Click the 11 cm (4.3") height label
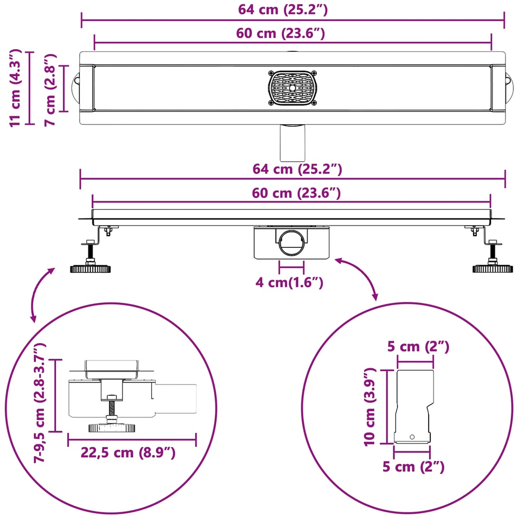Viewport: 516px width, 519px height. coord(15,88)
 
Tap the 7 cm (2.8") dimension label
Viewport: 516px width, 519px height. coord(50,90)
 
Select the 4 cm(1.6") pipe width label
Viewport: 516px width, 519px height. coord(289,282)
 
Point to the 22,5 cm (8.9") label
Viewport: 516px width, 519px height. coord(128,452)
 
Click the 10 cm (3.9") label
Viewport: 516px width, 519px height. coord(370,407)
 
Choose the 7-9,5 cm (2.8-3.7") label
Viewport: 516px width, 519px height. coord(40,403)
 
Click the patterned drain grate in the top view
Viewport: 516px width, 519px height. coord(292,88)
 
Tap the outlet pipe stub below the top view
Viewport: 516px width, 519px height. coord(292,143)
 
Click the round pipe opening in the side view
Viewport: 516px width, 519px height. coord(291,243)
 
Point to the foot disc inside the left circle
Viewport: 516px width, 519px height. coord(112,428)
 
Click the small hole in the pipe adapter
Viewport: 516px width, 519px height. coord(412,437)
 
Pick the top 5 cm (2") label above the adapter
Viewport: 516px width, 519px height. coord(418,347)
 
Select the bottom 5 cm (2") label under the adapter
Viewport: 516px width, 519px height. coord(413,467)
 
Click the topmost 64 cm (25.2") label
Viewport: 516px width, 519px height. coord(283,10)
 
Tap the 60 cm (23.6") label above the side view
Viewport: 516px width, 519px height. coord(296,193)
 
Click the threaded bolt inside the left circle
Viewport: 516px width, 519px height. coord(112,408)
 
